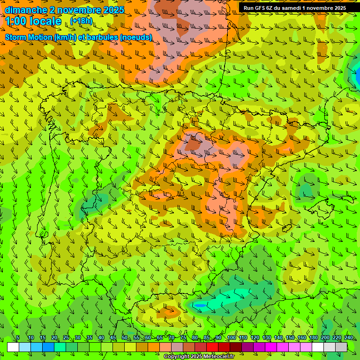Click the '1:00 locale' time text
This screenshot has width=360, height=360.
click(x=33, y=21)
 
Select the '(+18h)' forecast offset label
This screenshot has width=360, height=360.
click(x=82, y=21)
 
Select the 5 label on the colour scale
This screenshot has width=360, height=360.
click(x=18, y=337)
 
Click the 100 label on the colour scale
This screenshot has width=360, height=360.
click(x=231, y=337)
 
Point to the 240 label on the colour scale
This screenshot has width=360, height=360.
click(x=349, y=337)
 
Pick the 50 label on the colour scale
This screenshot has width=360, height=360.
click(x=125, y=337)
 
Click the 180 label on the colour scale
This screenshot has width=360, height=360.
click(x=313, y=337)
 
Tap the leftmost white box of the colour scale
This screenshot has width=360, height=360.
click(x=13, y=347)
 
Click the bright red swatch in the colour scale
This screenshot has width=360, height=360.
click(x=212, y=347)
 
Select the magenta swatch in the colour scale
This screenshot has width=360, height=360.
click(x=271, y=347)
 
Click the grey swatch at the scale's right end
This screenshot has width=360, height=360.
click(x=341, y=347)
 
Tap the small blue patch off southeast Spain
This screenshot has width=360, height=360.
click(x=200, y=306)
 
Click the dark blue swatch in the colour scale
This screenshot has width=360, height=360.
click(x=48, y=347)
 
